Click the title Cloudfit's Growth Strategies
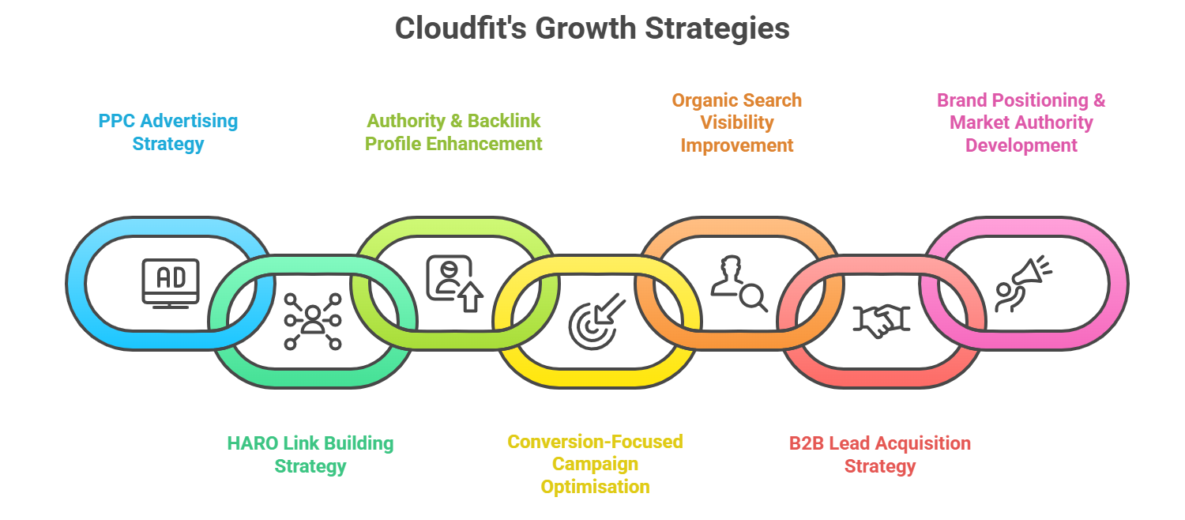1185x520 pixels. pos(592,29)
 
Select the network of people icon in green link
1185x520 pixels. pos(313,321)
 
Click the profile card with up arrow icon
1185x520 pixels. pos(453,282)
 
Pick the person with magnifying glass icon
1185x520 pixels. pos(738,282)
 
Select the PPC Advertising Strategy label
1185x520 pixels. pos(167,133)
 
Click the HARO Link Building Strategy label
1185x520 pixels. pos(310,454)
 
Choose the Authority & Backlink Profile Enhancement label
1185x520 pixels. pos(453,133)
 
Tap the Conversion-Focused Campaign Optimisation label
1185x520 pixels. pos(595,464)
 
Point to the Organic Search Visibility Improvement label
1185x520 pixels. pos(737,122)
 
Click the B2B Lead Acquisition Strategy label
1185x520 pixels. pos(879,454)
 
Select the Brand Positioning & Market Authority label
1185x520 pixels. pos(1021,122)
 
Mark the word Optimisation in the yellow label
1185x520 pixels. pos(595,487)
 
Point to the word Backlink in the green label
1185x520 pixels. pos(504,122)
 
